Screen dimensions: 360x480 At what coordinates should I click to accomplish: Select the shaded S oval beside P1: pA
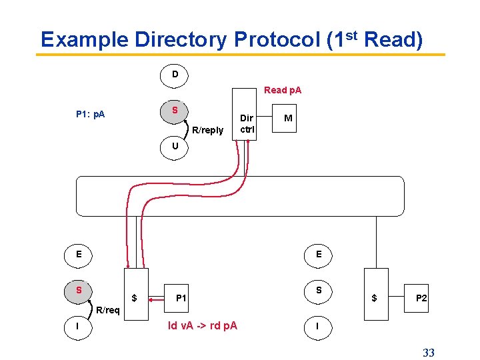175,110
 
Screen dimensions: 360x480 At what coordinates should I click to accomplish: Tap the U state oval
175,146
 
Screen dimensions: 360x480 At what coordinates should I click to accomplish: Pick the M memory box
288,118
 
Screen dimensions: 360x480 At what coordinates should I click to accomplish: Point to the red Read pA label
283,90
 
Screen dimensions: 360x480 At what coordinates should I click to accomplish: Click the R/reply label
207,130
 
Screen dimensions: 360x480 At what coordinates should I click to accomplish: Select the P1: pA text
90,115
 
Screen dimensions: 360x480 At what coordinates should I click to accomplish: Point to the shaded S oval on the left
79,290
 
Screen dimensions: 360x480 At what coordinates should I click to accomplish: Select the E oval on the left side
79,254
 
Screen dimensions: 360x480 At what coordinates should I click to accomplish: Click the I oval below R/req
79,326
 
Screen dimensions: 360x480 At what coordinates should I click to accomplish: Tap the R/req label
108,310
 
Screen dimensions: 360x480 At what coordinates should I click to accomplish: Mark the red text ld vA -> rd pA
203,325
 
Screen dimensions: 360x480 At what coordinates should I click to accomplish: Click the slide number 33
428,352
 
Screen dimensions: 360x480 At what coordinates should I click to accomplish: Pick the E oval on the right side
319,254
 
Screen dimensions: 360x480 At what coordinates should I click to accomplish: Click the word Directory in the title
181,40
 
